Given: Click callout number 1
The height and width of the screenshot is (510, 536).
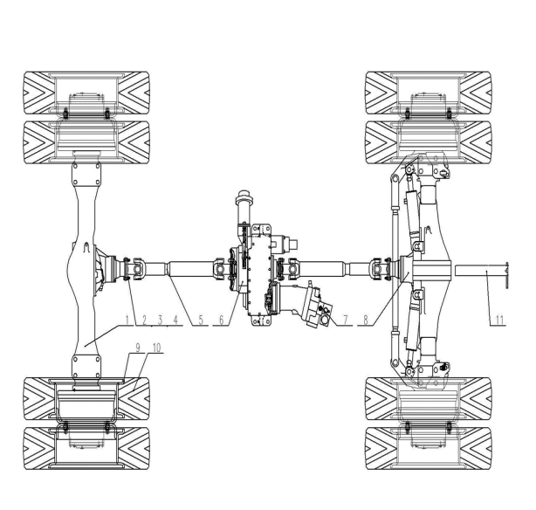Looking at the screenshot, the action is pyautogui.click(x=127, y=320).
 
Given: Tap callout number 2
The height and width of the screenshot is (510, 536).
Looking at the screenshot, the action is pyautogui.click(x=144, y=320).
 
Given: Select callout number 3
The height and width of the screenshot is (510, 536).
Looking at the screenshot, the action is pyautogui.click(x=160, y=320).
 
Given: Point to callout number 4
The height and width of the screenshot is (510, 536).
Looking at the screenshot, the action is pyautogui.click(x=175, y=320).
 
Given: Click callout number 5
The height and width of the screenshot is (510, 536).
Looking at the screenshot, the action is pyautogui.click(x=201, y=320).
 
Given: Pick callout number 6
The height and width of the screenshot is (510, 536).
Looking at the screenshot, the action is pyautogui.click(x=222, y=320).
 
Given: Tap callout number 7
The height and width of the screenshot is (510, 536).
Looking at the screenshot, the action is pyautogui.click(x=345, y=320).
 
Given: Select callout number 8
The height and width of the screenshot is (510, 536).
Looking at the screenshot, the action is pyautogui.click(x=366, y=320).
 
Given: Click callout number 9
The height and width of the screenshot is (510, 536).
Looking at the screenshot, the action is pyautogui.click(x=138, y=348).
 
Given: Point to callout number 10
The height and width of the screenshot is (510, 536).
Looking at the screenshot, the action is pyautogui.click(x=156, y=348).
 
